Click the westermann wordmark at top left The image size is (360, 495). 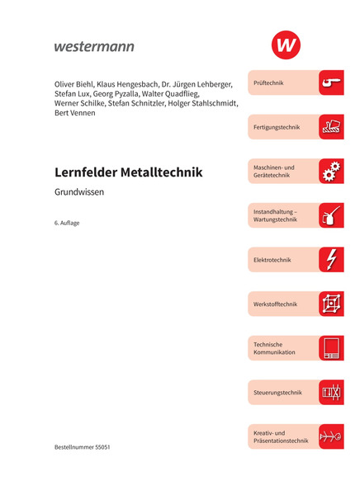click(x=93, y=46)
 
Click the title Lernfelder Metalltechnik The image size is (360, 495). click(x=128, y=172)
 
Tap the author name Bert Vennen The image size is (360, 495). click(x=74, y=113)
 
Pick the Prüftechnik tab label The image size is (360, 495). click(x=269, y=83)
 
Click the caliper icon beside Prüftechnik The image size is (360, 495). click(x=331, y=82)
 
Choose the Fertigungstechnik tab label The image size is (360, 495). click(x=277, y=127)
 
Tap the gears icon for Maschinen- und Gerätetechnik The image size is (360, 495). click(x=331, y=172)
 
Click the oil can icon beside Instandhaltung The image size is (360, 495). click(x=331, y=215)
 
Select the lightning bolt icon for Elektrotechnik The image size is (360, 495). click(x=331, y=259)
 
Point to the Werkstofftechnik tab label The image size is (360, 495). click(x=275, y=304)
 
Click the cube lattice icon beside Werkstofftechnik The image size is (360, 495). click(x=331, y=304)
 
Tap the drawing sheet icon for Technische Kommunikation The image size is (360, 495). click(x=331, y=348)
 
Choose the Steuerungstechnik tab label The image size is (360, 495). click(x=277, y=393)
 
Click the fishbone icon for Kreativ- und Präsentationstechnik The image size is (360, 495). click(x=331, y=436)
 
